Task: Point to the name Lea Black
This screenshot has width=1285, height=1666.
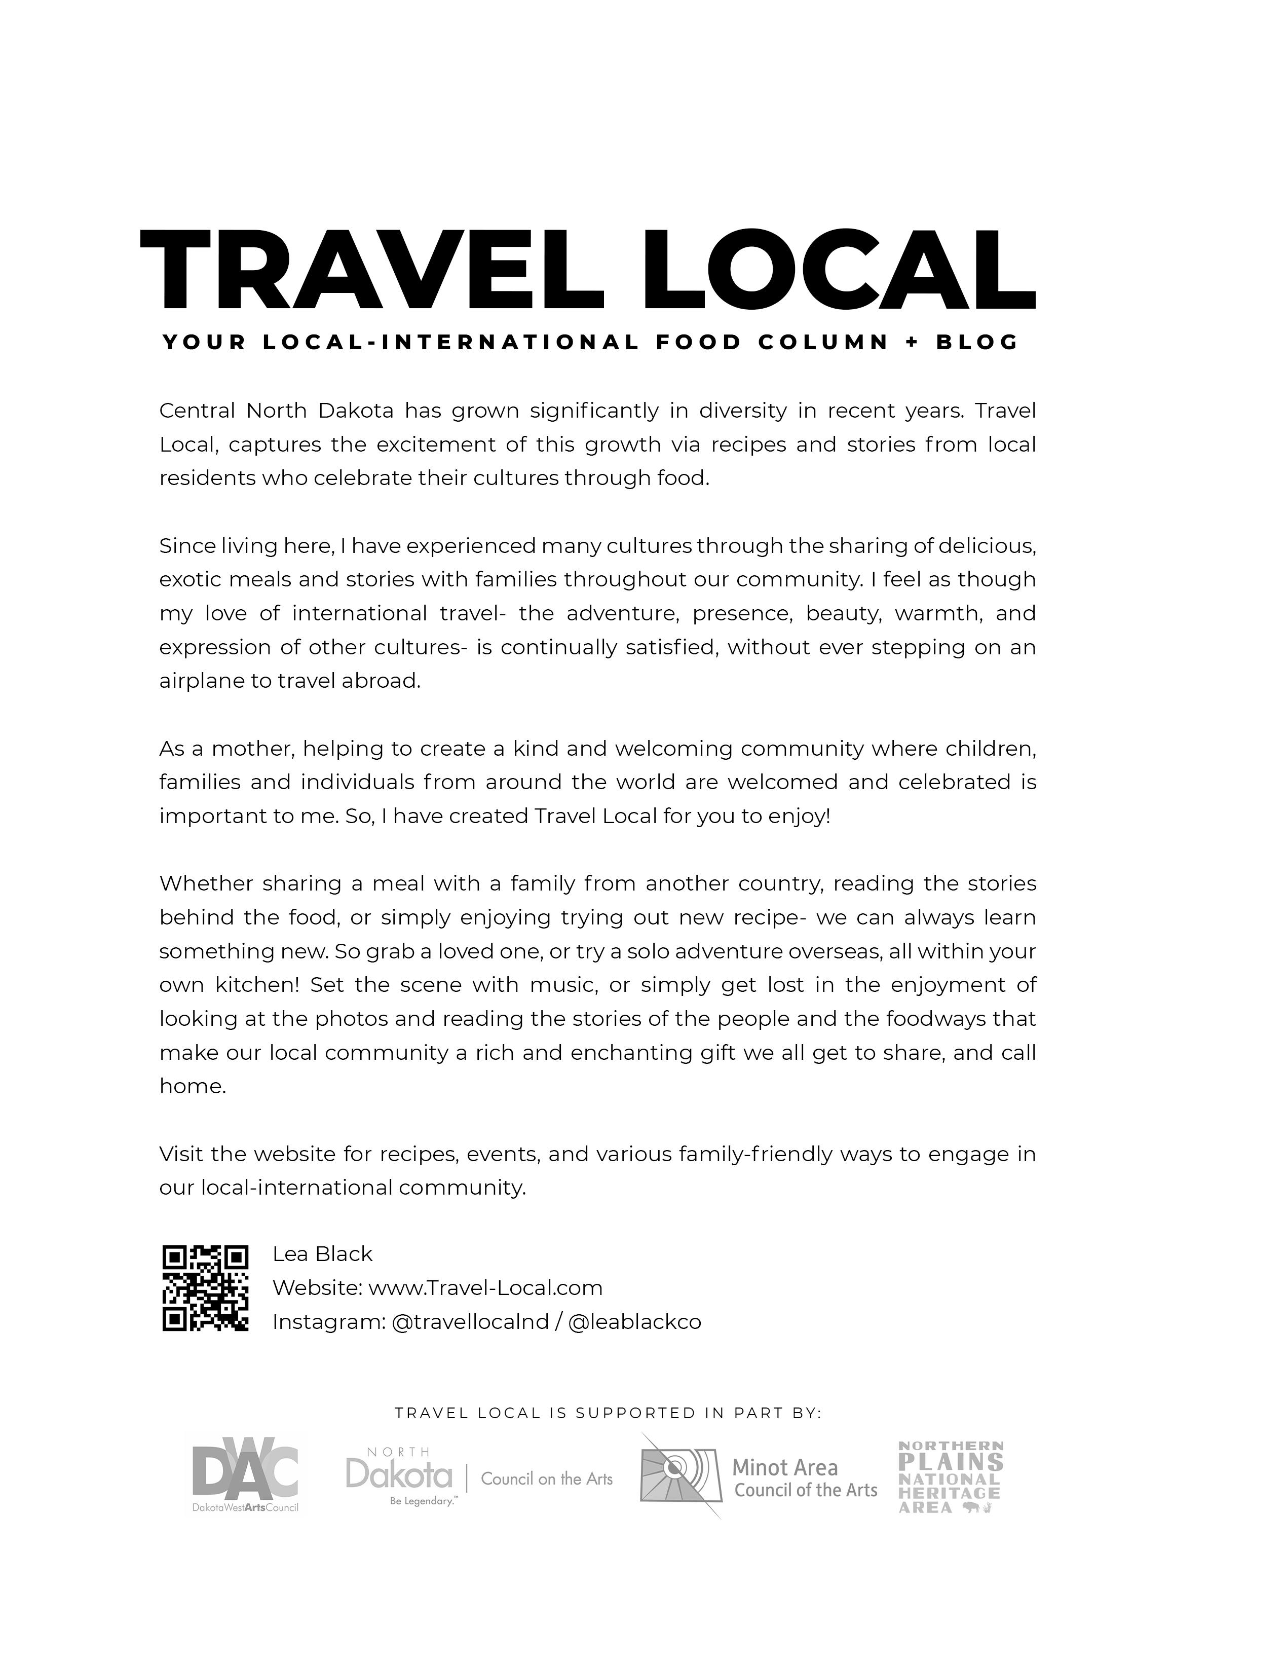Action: coord(323,1254)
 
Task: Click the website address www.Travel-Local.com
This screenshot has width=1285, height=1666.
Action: coord(485,1288)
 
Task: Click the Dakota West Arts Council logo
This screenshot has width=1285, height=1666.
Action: coord(245,1476)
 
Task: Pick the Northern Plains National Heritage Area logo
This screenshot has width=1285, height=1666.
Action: coord(950,1477)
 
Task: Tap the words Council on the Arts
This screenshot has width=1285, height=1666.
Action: coord(547,1479)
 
